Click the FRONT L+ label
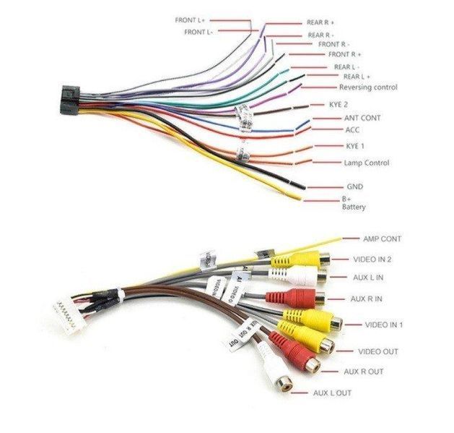tap(191, 20)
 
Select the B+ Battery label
tap(353, 203)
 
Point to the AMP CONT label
tap(382, 239)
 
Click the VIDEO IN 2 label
tap(372, 259)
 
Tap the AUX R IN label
tap(367, 298)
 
